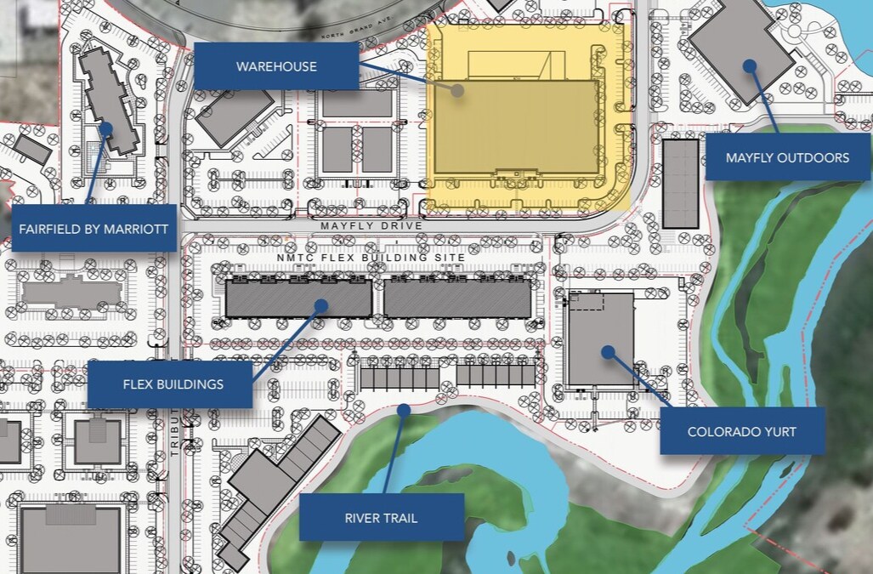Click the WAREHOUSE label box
click(x=276, y=66)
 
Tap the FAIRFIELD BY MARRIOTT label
click(x=94, y=228)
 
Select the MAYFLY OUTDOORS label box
click(x=787, y=157)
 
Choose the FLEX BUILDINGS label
click(x=173, y=384)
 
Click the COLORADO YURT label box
click(x=741, y=431)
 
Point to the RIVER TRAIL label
click(x=381, y=517)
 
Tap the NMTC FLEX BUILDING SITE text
click(x=371, y=257)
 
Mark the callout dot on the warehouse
click(x=457, y=89)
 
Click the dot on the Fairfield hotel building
click(x=106, y=129)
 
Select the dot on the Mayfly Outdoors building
click(x=749, y=65)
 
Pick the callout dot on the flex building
click(x=321, y=304)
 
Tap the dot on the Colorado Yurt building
click(x=607, y=351)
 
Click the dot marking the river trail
click(x=404, y=410)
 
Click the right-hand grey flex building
click(x=457, y=298)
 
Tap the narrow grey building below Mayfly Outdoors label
click(x=680, y=184)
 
